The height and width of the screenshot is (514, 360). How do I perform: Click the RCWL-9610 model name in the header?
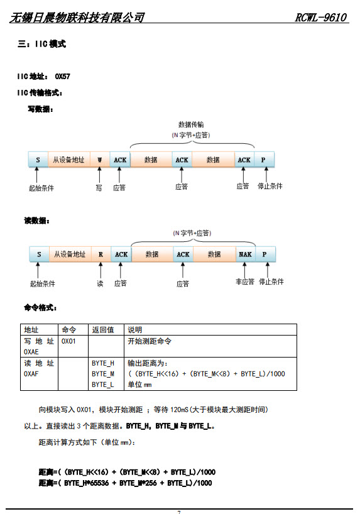click(320, 17)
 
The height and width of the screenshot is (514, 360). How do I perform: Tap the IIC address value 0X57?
click(62, 77)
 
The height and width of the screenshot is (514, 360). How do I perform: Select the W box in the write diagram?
click(100, 160)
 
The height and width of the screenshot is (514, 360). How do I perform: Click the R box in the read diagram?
click(101, 254)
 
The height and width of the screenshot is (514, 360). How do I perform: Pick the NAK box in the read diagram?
click(245, 254)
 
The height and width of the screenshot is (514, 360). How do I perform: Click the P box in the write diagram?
click(263, 160)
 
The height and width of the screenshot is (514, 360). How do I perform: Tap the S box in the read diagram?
click(39, 254)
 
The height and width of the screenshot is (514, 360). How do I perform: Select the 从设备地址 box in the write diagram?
click(69, 160)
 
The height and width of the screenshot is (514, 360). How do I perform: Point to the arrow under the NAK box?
click(244, 270)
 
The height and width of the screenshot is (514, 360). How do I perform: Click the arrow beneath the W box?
click(99, 175)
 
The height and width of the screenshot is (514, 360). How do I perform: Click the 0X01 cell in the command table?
click(68, 341)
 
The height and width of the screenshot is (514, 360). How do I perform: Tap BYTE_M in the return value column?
click(103, 374)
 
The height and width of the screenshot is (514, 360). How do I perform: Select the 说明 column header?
click(134, 330)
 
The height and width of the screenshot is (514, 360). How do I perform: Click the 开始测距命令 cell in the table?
click(150, 341)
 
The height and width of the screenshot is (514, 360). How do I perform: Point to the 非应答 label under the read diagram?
click(245, 282)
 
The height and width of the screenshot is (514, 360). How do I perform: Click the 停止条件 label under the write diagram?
click(270, 186)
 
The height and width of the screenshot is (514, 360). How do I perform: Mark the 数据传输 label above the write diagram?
click(191, 124)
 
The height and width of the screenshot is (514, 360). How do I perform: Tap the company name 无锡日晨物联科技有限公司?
click(77, 18)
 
